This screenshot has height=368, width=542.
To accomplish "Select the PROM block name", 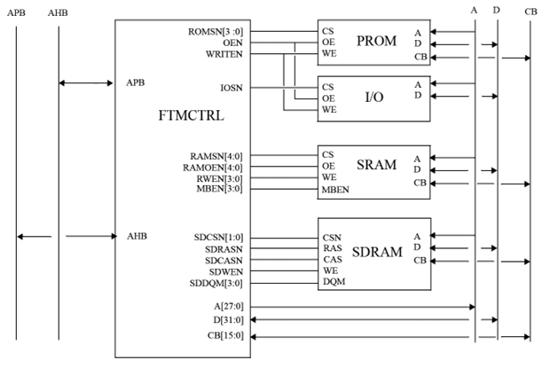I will [x=377, y=42].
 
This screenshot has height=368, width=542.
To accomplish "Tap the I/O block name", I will [x=373, y=96].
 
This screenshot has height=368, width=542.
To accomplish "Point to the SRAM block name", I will [x=376, y=167].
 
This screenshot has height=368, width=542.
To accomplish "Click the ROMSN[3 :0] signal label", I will [x=216, y=31].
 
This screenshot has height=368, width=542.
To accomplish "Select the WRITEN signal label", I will [x=224, y=53].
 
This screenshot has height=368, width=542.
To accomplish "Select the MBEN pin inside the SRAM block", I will [x=335, y=188].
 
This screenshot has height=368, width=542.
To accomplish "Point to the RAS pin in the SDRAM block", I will [x=332, y=248].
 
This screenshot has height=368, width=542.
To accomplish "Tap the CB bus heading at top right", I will [x=530, y=11].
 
